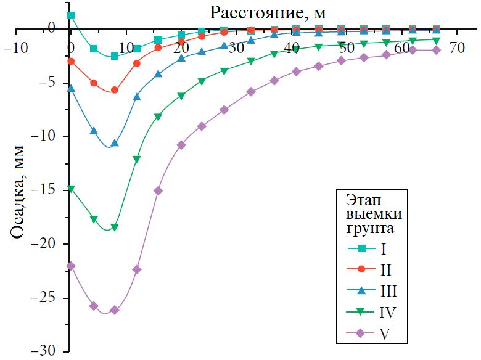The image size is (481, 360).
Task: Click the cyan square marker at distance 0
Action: [x=71, y=15]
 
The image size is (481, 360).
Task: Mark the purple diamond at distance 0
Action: [x=71, y=266]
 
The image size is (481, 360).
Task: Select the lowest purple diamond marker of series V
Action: [x=115, y=310]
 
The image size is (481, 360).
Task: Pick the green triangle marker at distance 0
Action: [x=71, y=189]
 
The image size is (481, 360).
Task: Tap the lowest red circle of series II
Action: [x=115, y=90]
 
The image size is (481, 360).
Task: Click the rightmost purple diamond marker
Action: [x=437, y=51]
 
